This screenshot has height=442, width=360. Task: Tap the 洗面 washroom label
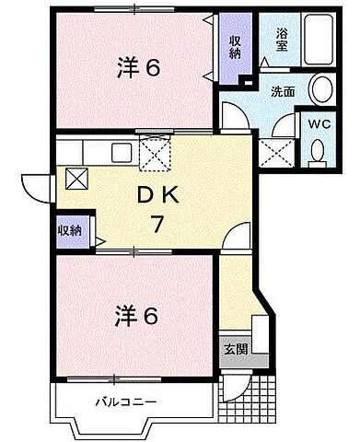pos(284,92)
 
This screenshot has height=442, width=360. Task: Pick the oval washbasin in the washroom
pos(321,89)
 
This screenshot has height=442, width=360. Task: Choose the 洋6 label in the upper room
pos(139,67)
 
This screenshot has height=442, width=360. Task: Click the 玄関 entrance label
pos(234,350)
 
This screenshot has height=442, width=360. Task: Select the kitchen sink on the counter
pos(122,152)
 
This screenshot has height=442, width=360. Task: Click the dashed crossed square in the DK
pos(153,152)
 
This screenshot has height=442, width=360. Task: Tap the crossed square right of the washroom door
pos(274,150)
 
